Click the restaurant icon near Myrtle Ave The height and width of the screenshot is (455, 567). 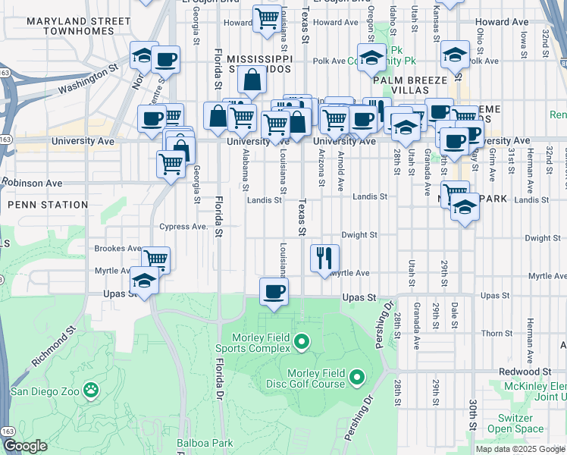click(324, 258)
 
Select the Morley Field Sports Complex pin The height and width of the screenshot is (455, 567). click(302, 342)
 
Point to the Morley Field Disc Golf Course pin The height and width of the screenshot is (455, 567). click(358, 375)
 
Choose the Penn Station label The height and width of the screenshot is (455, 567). click(48, 205)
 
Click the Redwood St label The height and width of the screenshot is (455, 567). click(524, 372)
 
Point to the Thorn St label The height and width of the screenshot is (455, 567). click(497, 334)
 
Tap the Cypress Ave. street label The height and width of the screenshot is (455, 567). click(183, 227)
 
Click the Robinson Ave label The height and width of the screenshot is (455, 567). click(32, 183)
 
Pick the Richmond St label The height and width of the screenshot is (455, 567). click(54, 347)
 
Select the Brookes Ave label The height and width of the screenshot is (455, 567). click(117, 248)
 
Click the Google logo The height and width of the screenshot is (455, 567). click(26, 446)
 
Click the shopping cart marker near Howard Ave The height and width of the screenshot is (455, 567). click(267, 17)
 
